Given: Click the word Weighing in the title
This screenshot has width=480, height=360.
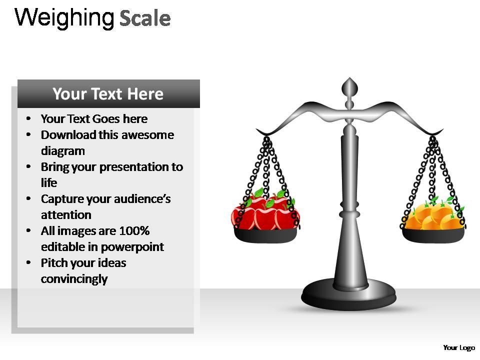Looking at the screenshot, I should click(64, 18).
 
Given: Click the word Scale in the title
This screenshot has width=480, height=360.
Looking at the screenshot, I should click(145, 18).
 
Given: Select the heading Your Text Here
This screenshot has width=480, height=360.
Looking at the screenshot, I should click(108, 94).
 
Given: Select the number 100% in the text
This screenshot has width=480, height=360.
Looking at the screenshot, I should click(134, 231).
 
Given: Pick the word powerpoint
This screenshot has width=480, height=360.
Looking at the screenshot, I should click(132, 247).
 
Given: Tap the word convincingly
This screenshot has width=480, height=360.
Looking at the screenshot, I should click(74, 279).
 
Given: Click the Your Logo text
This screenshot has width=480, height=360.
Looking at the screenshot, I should click(458, 347).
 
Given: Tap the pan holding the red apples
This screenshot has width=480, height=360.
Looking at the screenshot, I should click(265, 234).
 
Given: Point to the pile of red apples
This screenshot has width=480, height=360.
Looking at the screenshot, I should click(264, 212).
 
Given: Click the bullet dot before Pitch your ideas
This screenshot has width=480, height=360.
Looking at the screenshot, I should click(29, 263).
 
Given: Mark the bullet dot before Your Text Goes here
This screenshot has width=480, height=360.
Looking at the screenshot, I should click(29, 119).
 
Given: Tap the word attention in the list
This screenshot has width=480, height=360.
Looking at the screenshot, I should click(66, 215).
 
